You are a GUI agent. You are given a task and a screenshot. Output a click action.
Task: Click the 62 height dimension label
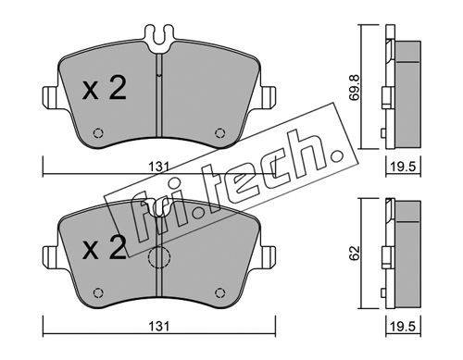point(355,253)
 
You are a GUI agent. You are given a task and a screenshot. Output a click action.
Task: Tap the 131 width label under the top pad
point(159,168)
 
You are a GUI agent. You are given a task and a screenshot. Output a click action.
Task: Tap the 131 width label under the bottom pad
point(159,327)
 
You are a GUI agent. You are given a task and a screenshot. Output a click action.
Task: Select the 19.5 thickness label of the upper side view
point(404,168)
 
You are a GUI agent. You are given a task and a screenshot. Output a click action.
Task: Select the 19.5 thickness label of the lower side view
point(404,327)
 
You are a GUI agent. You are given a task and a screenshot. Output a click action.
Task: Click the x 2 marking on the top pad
point(105,89)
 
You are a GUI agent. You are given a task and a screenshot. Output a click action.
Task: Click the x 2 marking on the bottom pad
point(105,247)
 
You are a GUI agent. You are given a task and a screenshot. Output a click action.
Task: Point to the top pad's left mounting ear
point(50,97)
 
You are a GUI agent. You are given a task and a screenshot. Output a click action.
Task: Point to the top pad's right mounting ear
point(268,97)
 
